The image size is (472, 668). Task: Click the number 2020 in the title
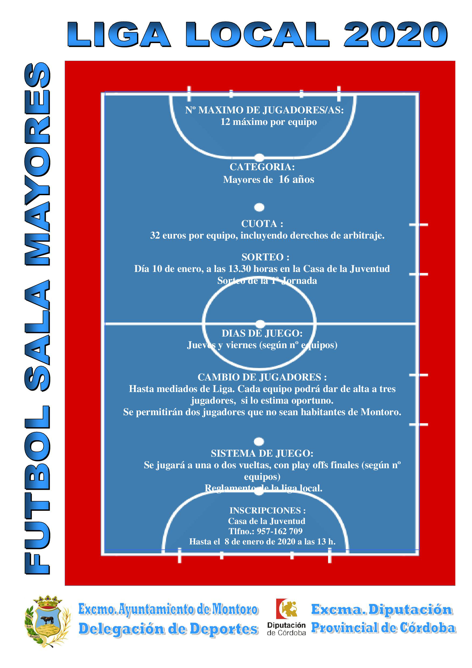tap(396, 34)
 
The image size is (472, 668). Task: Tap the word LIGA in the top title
tap(118, 34)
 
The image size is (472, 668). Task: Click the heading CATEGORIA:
tap(262, 167)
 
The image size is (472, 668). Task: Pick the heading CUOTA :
tap(262, 224)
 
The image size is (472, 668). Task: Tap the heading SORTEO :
tap(265, 257)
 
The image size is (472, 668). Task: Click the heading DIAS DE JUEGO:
tap(262, 333)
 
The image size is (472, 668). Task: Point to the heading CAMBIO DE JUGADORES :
tap(262, 377)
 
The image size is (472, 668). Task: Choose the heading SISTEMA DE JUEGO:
tap(262, 454)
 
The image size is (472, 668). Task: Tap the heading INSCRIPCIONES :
tap(267, 510)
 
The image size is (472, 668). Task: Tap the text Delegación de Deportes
tap(168, 629)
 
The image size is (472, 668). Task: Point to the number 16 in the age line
tap(284, 180)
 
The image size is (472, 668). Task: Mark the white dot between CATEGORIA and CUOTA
tap(259, 207)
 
